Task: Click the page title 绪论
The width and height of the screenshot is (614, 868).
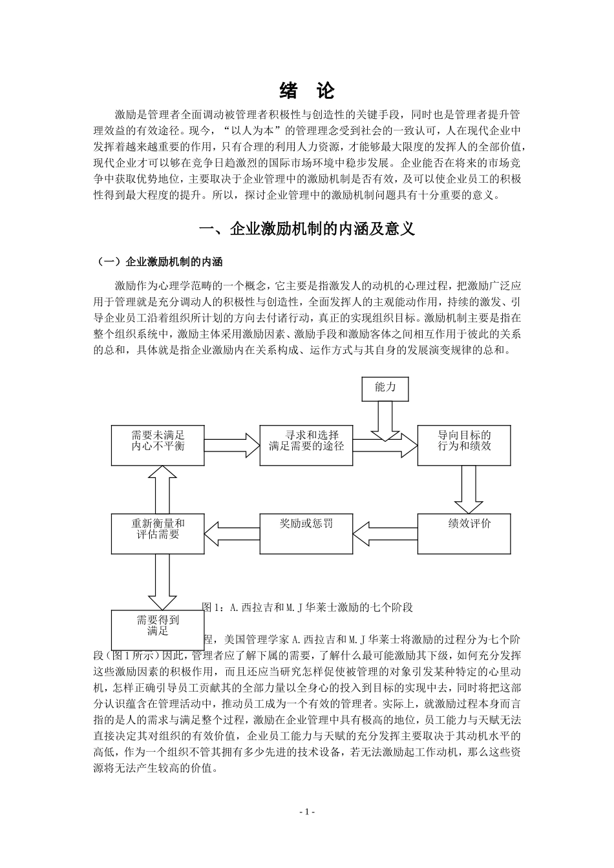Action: (x=307, y=91)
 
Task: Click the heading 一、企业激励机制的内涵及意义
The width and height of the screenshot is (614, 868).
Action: (x=307, y=229)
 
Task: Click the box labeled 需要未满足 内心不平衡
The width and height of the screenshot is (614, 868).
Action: (x=158, y=445)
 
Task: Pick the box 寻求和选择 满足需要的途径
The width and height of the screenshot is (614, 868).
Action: (x=306, y=445)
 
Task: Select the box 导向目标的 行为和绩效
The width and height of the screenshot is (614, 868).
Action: (x=464, y=445)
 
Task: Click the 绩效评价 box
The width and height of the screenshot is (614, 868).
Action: (x=464, y=533)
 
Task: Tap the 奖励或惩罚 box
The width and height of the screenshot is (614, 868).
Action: (x=306, y=533)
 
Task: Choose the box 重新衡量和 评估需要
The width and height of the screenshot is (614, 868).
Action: (x=158, y=533)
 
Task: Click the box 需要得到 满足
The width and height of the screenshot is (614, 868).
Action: (x=158, y=629)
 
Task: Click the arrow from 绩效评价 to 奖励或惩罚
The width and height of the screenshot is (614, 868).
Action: (x=385, y=533)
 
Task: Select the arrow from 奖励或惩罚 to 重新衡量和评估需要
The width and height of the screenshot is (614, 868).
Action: (x=231, y=533)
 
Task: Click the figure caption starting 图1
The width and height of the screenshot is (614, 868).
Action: (x=308, y=608)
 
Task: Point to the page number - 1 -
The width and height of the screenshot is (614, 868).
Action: (x=307, y=812)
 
